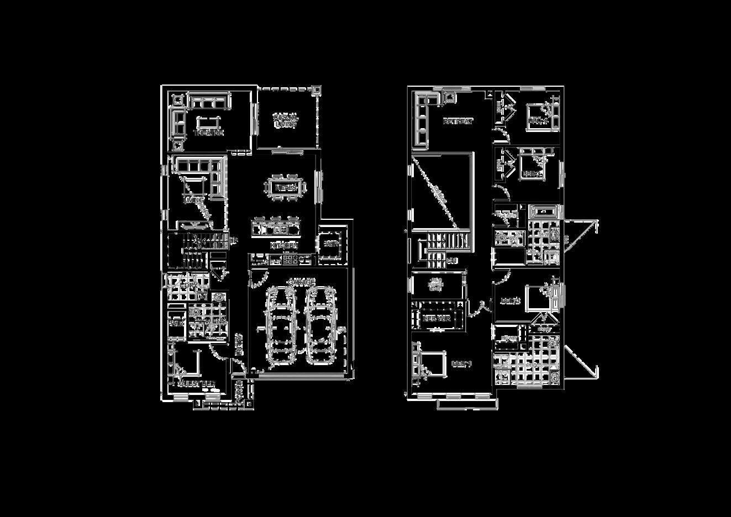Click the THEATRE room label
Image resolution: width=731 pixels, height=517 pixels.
(208, 133)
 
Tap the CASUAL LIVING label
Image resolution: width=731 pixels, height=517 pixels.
(286, 120)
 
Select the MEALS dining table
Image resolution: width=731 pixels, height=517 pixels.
(286, 187)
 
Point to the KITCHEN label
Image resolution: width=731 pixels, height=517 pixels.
(285, 245)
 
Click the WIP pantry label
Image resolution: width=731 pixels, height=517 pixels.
(331, 244)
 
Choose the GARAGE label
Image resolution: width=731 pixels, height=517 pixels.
(301, 282)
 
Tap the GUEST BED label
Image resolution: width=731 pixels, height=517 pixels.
(196, 384)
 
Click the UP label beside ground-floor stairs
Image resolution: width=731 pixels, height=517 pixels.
(234, 240)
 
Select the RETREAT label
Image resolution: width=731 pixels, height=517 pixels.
(458, 121)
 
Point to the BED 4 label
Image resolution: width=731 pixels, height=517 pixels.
(538, 121)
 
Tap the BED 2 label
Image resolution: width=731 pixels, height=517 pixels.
(510, 301)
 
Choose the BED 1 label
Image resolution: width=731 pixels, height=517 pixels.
(462, 364)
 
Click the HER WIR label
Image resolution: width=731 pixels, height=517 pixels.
(436, 319)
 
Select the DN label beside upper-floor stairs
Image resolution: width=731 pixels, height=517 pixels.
(452, 260)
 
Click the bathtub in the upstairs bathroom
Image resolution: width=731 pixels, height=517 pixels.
(544, 212)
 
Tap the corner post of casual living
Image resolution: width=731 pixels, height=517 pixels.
(317, 89)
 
